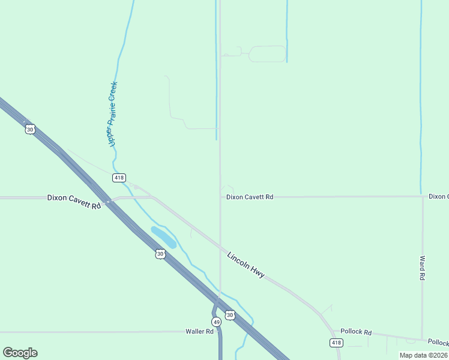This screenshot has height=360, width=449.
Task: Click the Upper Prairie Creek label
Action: point(112,114)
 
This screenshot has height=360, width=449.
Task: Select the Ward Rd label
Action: point(423,268)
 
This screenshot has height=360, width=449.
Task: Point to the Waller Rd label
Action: point(200,331)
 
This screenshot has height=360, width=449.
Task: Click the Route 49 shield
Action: point(216,322)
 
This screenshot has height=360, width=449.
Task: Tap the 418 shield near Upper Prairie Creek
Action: point(119,178)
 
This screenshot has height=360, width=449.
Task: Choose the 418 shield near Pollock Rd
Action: point(336,342)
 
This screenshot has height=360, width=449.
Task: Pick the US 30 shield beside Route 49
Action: point(229,315)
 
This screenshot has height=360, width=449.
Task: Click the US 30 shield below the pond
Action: point(160,254)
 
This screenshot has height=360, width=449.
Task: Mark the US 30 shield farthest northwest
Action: point(30,129)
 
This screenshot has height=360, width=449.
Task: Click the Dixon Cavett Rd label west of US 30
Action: point(74,201)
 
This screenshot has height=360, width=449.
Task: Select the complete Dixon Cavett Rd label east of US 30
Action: point(250,197)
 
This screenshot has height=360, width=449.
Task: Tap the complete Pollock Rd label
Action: point(356,332)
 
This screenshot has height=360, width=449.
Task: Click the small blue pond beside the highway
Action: point(163,237)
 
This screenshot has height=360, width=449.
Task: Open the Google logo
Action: point(20,353)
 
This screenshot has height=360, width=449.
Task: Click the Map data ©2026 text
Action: point(423,355)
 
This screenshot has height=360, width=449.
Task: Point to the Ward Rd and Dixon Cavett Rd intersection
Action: point(423,196)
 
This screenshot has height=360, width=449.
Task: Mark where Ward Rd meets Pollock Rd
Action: point(423,339)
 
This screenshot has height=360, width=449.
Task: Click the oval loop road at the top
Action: point(267,54)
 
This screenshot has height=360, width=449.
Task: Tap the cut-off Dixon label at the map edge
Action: point(438,196)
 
